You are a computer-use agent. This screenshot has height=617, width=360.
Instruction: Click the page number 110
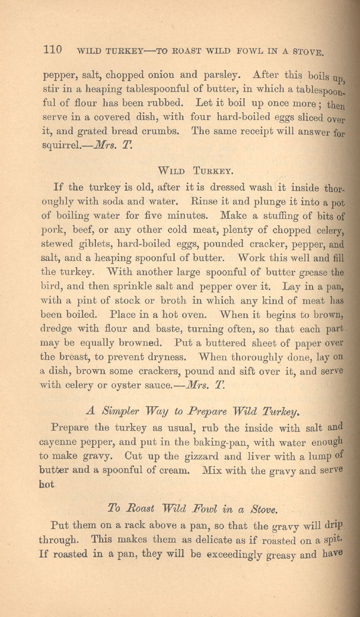tap(53, 50)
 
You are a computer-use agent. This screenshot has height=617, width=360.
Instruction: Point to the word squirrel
tap(61, 145)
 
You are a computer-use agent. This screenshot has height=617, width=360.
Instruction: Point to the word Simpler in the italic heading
tap(120, 411)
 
